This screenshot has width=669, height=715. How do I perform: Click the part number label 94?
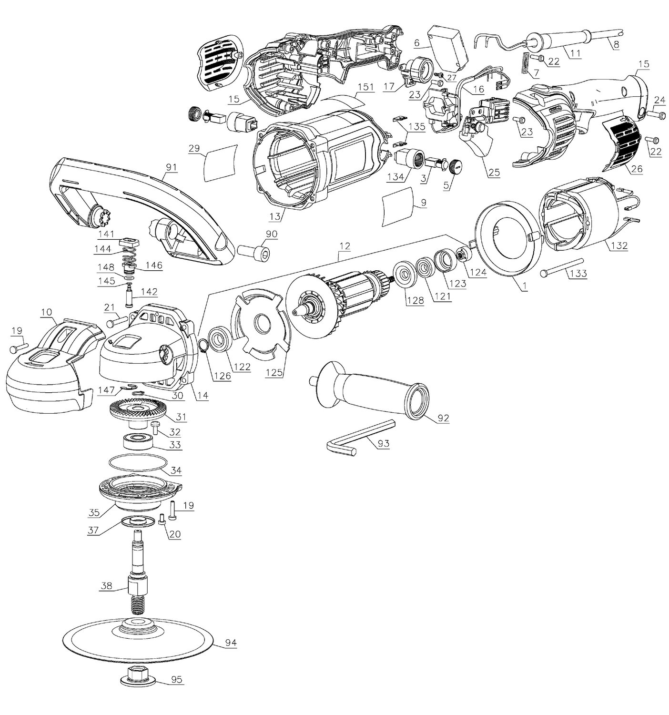pyautogui.click(x=231, y=643)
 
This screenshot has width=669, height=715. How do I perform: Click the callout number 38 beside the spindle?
pyautogui.click(x=107, y=586)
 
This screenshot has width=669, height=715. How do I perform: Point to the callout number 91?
pyautogui.click(x=171, y=167)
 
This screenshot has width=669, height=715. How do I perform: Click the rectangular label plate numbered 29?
pyautogui.click(x=220, y=163)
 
